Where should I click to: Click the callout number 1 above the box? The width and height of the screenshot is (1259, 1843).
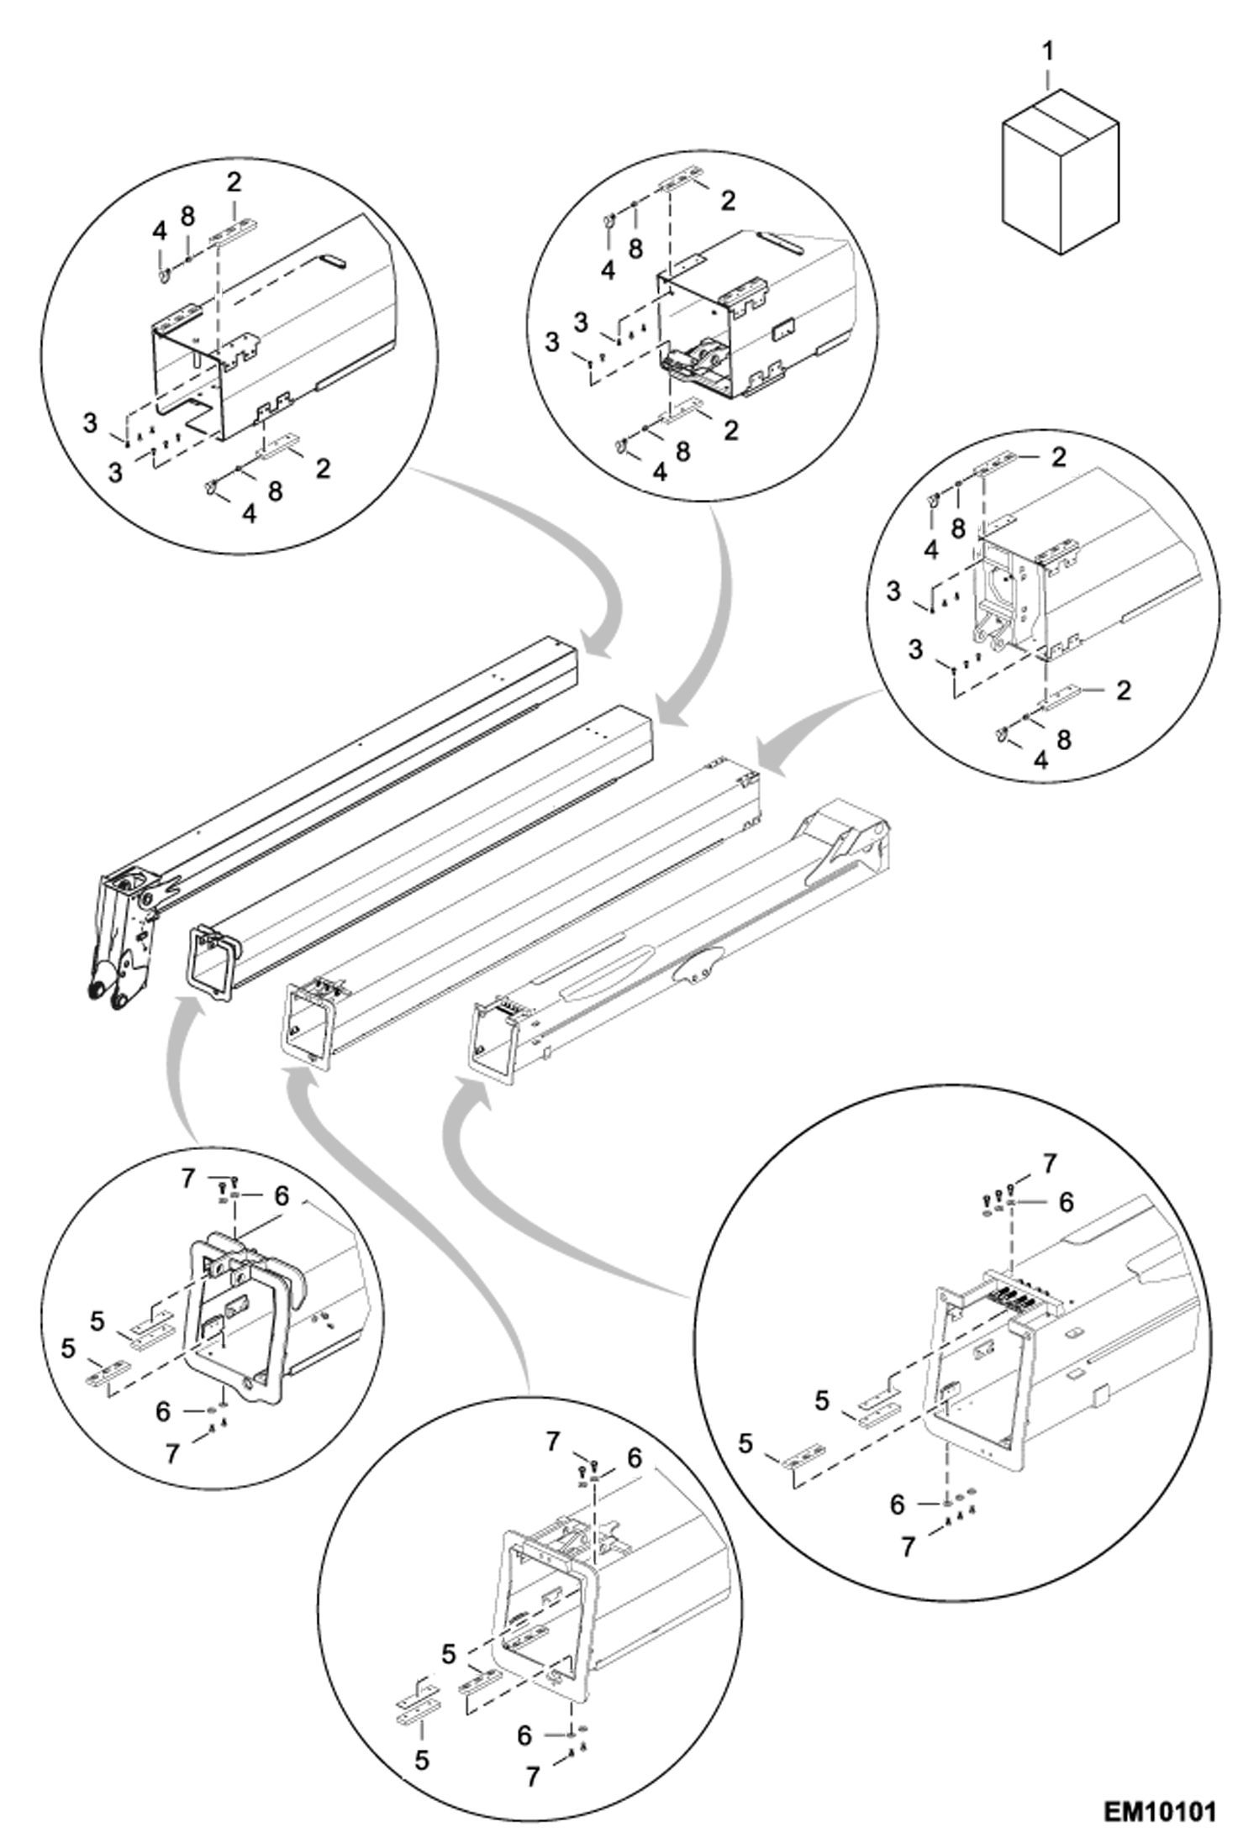click(1047, 52)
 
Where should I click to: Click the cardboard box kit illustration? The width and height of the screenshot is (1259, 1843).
click(1059, 172)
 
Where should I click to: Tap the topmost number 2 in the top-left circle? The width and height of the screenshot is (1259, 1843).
click(234, 181)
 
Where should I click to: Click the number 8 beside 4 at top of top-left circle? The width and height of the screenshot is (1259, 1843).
click(187, 216)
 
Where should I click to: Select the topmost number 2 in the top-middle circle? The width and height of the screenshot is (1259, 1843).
click(728, 200)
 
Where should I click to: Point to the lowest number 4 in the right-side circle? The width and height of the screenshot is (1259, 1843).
click(1040, 760)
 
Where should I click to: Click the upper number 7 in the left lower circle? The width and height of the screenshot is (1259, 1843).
click(188, 1179)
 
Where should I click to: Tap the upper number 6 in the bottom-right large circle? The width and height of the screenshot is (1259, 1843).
click(1066, 1202)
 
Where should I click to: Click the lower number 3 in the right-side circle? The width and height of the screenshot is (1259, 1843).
click(915, 649)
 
